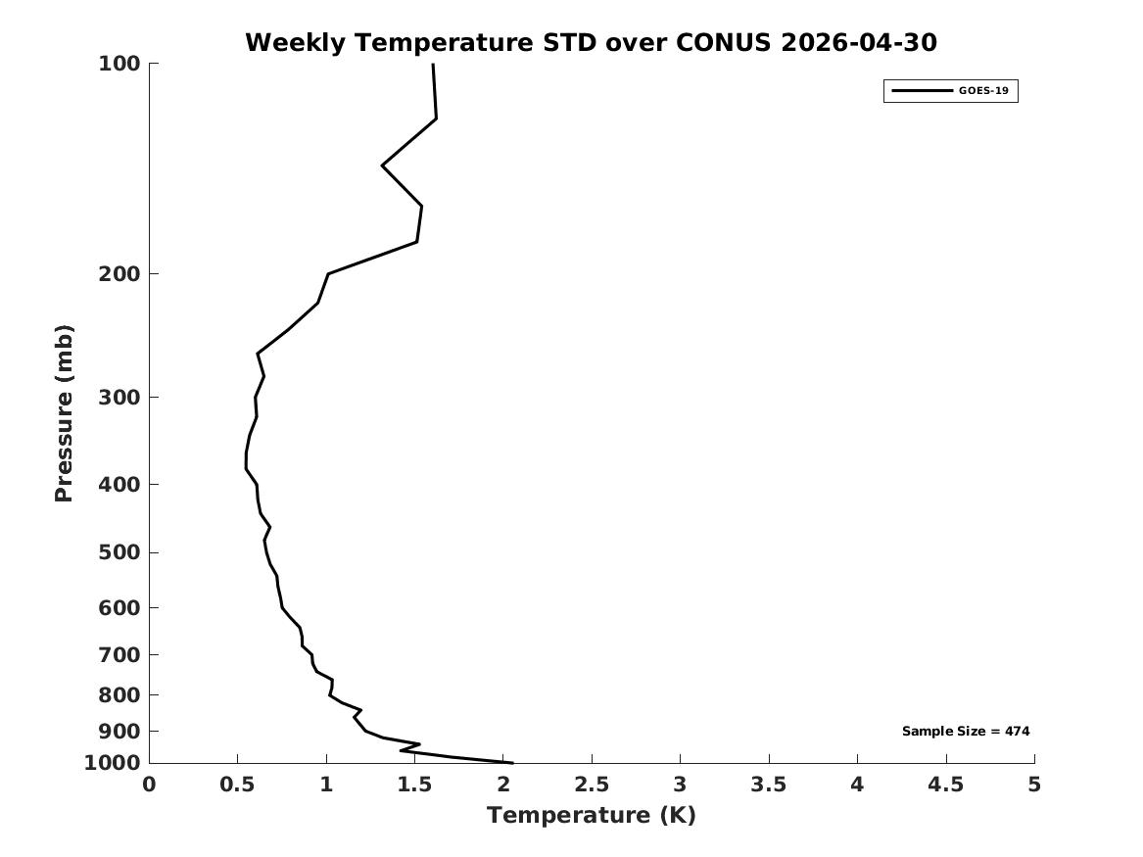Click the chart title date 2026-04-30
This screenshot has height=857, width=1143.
(859, 42)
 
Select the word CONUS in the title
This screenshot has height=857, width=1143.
(723, 42)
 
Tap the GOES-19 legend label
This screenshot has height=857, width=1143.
(983, 90)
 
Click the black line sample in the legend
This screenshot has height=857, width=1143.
(922, 90)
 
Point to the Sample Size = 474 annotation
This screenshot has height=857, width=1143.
(966, 731)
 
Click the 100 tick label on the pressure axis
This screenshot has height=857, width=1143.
(119, 64)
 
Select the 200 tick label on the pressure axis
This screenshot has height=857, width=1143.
(119, 274)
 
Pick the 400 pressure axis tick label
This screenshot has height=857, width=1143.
(119, 484)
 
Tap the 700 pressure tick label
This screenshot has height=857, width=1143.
(119, 655)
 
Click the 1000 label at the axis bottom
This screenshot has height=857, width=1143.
(113, 763)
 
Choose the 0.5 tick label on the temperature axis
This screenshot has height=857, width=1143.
(238, 785)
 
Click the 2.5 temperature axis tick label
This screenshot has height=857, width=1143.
(592, 785)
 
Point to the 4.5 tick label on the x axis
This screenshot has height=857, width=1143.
(946, 785)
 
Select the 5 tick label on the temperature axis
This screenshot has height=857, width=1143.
(1034, 785)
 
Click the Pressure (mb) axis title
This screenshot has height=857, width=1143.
(64, 413)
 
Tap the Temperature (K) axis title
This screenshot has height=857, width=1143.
(592, 815)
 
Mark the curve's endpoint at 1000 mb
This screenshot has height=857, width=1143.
(512, 763)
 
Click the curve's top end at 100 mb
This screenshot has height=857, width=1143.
(433, 64)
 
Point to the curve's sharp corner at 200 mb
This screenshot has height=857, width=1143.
(328, 274)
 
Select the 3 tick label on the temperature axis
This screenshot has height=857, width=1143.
(680, 785)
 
